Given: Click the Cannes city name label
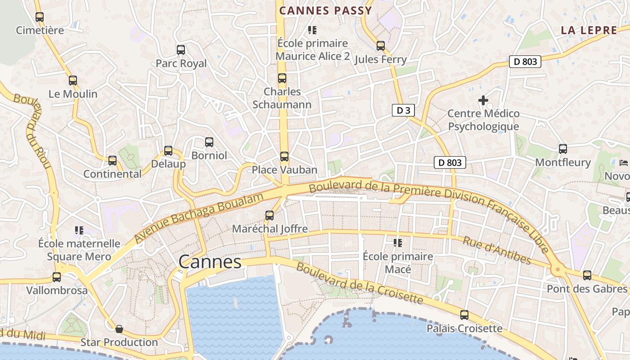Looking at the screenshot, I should point(210,262).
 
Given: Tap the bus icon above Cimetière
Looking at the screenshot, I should point(40,17).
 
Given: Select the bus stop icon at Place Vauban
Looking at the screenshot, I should point(284,157).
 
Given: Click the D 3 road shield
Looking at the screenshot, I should point(403,110).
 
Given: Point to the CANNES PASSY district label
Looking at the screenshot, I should point(325,10).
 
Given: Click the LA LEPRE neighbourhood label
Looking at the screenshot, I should point(589,31).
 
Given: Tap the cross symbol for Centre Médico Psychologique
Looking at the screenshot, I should point(483,100).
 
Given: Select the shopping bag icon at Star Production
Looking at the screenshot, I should point(119,329).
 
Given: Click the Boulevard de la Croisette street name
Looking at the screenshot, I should point(360,283).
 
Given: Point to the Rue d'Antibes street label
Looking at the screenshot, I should point(497,250).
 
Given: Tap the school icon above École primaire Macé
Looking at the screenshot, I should point(398,243).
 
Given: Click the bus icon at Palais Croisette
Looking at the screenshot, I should point(464,315).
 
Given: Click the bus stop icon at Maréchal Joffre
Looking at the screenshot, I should point(270,215).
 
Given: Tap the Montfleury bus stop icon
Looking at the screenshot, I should point(562,148).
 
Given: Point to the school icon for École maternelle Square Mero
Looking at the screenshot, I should point(79,230).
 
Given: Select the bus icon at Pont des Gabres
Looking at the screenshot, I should point(587,275).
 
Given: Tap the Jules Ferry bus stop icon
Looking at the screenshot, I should point(381,45).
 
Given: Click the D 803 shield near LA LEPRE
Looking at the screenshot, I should point(525,62).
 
